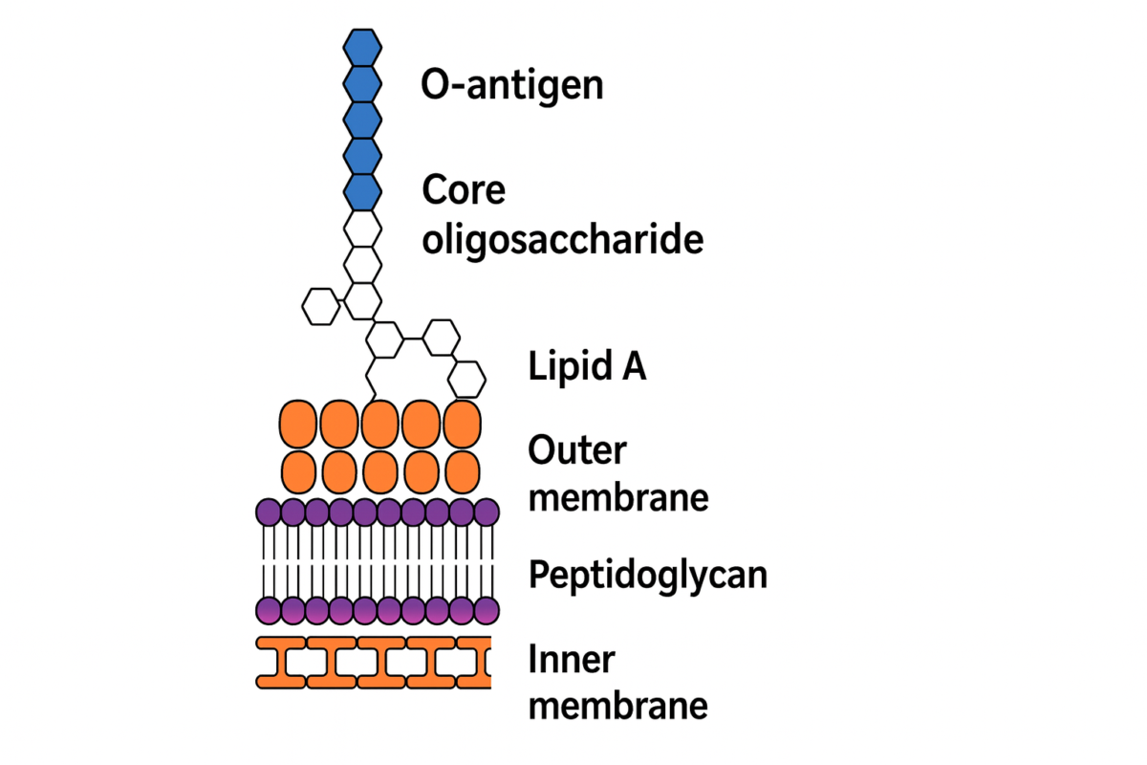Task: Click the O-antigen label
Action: [511, 85]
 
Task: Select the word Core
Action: [464, 190]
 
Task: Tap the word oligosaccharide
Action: [562, 239]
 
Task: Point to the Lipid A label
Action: [587, 366]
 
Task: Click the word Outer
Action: [576, 450]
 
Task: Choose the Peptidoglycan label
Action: [647, 576]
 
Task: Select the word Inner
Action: [572, 659]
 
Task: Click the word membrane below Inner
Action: [617, 706]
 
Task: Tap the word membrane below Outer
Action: [617, 497]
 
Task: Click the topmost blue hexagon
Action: [362, 46]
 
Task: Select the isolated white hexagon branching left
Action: [320, 306]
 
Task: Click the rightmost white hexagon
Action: [467, 378]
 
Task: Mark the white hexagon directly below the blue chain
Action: [362, 229]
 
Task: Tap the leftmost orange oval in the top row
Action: [299, 424]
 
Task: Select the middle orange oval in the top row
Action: [380, 424]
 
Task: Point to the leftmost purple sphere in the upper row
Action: [270, 513]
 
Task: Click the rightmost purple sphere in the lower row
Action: [487, 610]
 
